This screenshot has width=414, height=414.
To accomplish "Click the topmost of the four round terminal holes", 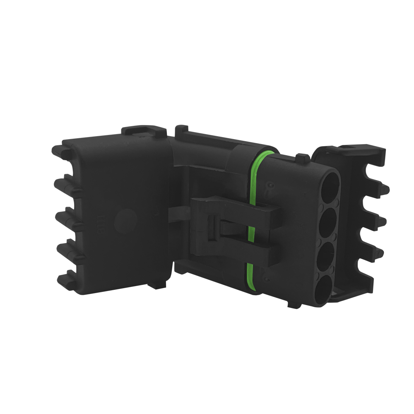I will tap(330, 185).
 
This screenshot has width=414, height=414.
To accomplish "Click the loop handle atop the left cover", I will tap(145, 130).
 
